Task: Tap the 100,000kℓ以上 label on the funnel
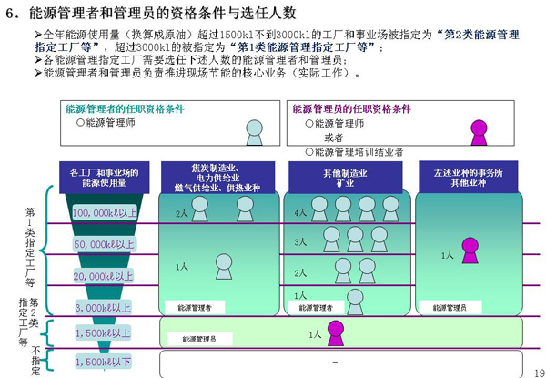pos(104,212)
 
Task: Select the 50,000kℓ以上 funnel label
pos(104,244)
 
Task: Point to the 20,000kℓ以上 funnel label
pos(104,276)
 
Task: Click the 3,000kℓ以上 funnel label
pos(104,308)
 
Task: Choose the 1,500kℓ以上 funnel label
pos(104,333)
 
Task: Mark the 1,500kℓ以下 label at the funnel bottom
pos(104,362)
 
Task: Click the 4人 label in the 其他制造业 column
pos(301,212)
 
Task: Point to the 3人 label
pos(301,242)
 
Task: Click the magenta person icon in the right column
pos(470,250)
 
